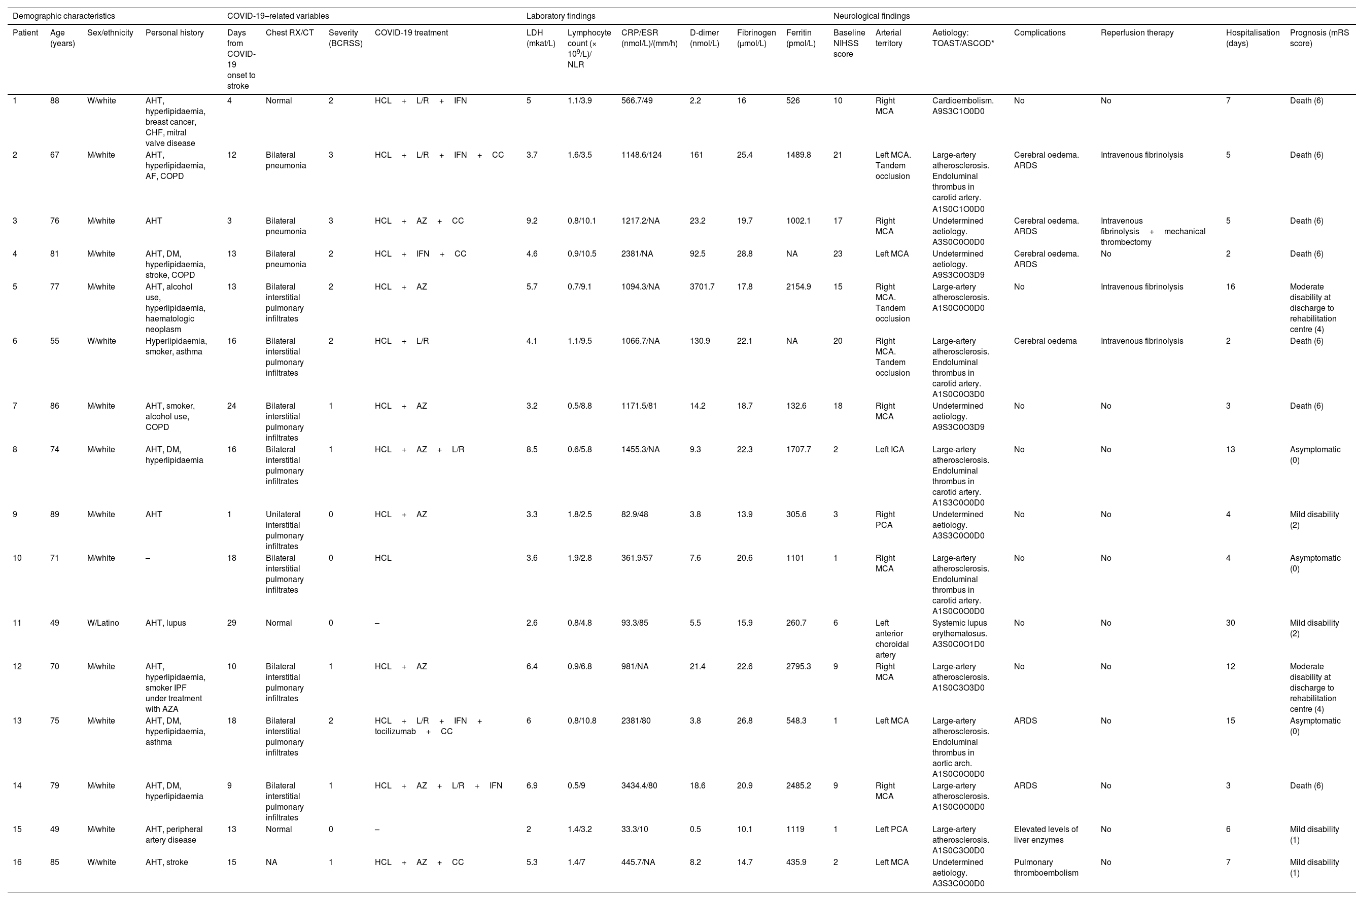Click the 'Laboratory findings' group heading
coord(561,16)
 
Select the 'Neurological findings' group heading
coord(871,16)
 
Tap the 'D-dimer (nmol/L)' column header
coord(705,38)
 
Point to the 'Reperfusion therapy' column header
coord(1137,33)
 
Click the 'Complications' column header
coord(1039,33)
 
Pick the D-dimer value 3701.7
coord(702,287)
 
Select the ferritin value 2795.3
coord(798,666)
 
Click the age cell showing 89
coord(55,514)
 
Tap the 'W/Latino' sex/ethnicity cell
coord(103,623)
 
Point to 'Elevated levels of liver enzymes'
coord(1046,835)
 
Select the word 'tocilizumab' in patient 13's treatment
coord(395,731)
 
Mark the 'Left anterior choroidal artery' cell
coord(889,639)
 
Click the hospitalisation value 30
coord(1230,623)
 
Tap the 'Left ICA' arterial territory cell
coord(889,449)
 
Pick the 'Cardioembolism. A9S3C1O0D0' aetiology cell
coord(963,105)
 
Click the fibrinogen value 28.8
coord(744,254)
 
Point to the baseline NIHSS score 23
coord(838,254)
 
